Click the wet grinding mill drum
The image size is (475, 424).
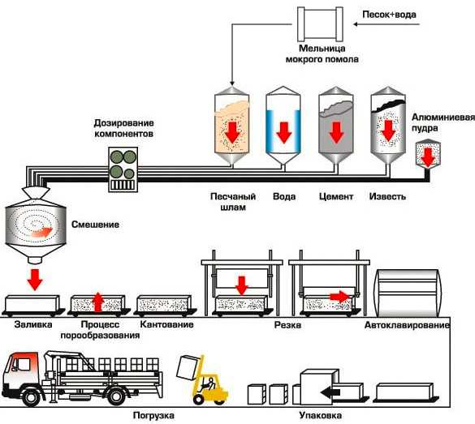pyautogui.click(x=320, y=24)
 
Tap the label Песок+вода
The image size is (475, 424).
pyautogui.click(x=389, y=15)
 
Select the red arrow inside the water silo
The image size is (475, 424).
pyautogui.click(x=284, y=132)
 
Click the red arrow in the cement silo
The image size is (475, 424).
pyautogui.click(x=336, y=132)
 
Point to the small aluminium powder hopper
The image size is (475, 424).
pyautogui.click(x=427, y=154)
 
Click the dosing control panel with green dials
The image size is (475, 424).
pyautogui.click(x=123, y=169)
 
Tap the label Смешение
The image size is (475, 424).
pyautogui.click(x=96, y=225)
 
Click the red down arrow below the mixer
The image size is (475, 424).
pyautogui.click(x=35, y=280)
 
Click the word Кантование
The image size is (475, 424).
pyautogui.click(x=167, y=324)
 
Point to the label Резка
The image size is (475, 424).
pyautogui.click(x=287, y=325)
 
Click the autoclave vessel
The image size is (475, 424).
pyautogui.click(x=408, y=293)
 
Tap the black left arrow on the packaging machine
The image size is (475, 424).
pyautogui.click(x=330, y=392)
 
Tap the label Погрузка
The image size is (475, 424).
pyautogui.click(x=153, y=416)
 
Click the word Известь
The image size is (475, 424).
pyautogui.click(x=387, y=196)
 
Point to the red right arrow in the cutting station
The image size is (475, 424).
pyautogui.click(x=340, y=297)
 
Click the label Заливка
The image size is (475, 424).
pyautogui.click(x=33, y=324)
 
